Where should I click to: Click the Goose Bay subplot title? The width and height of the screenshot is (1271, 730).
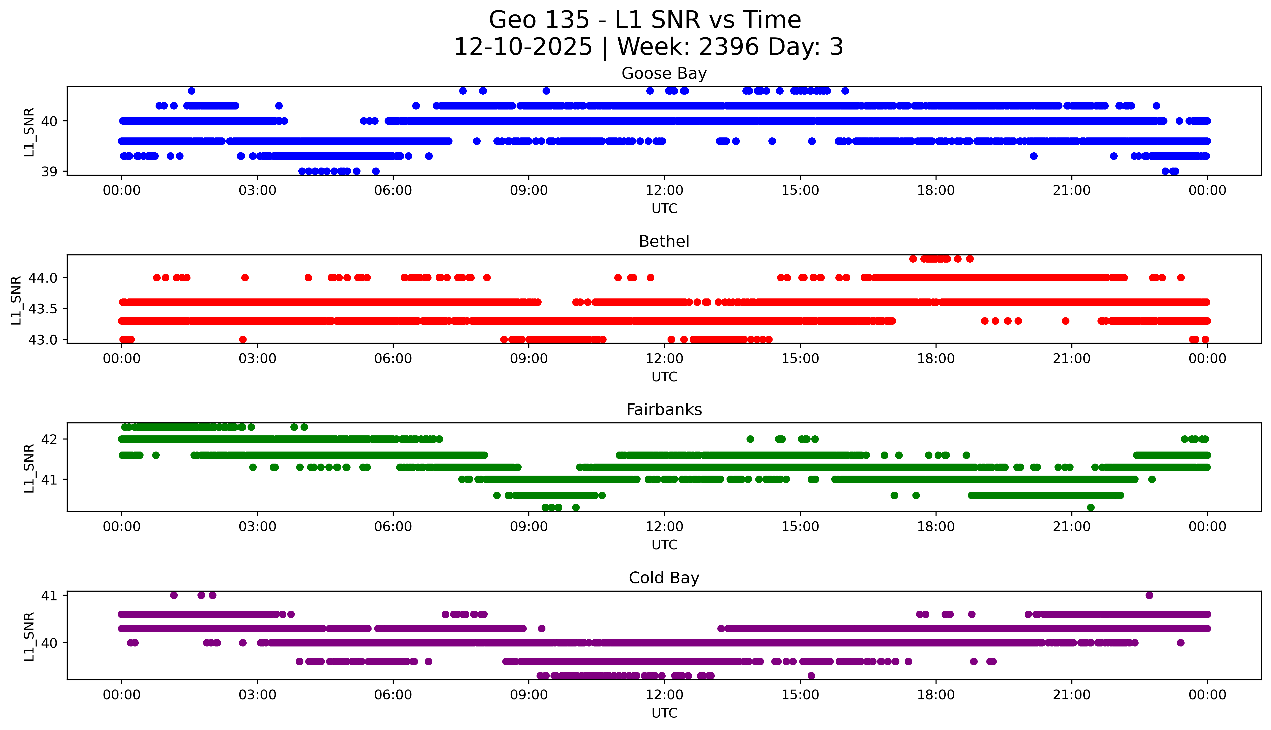664,74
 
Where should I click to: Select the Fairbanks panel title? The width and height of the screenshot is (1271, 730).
664,410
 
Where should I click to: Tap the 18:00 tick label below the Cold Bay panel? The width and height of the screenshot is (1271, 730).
936,695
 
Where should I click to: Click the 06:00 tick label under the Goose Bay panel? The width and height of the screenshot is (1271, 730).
393,191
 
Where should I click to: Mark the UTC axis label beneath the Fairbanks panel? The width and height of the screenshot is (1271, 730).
664,544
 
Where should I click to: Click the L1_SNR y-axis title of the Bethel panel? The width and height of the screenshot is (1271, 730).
16,300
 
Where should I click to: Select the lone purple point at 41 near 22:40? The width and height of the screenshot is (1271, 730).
1149,596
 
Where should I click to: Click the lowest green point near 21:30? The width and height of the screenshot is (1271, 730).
1090,507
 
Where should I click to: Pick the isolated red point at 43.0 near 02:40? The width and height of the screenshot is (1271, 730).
243,339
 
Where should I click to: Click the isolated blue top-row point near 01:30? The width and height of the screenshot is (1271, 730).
191,91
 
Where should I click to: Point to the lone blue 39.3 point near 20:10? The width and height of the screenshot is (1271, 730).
1033,156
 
